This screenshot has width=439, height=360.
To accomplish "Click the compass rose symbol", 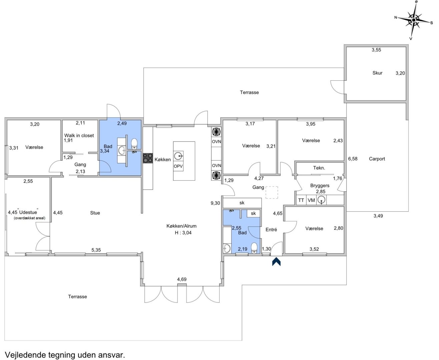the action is tap(413, 20).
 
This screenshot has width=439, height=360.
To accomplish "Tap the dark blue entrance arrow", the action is tap(276, 261).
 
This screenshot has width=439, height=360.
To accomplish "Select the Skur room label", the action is tap(377, 73).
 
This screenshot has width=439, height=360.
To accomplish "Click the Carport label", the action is tap(377, 159).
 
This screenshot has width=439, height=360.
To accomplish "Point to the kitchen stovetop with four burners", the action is tap(147, 158).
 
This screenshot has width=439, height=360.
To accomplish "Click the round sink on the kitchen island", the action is tap(178, 156).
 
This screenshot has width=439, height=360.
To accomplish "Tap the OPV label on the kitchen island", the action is tap(178, 166).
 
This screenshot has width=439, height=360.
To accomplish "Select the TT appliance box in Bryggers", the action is tap(301, 200).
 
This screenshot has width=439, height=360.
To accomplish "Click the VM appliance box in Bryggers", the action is tap(311, 200).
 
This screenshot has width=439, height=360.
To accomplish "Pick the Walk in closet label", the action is tap(79, 135).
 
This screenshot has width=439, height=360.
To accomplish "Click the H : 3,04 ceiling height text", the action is tap(183, 233).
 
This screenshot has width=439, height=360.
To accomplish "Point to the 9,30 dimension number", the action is tap(215, 203).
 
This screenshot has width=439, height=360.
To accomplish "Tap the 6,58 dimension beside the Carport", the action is tap(353, 159).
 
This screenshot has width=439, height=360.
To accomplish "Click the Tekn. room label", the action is tap(319, 168).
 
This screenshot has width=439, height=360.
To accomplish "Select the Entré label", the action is tap(271, 230).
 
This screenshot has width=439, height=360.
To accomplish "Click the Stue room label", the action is tap(95, 213).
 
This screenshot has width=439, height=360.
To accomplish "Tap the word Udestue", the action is tap(28, 212).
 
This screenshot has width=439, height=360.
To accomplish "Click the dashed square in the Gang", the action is tap(272, 192).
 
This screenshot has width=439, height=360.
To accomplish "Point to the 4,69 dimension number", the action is tap(182, 279).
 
